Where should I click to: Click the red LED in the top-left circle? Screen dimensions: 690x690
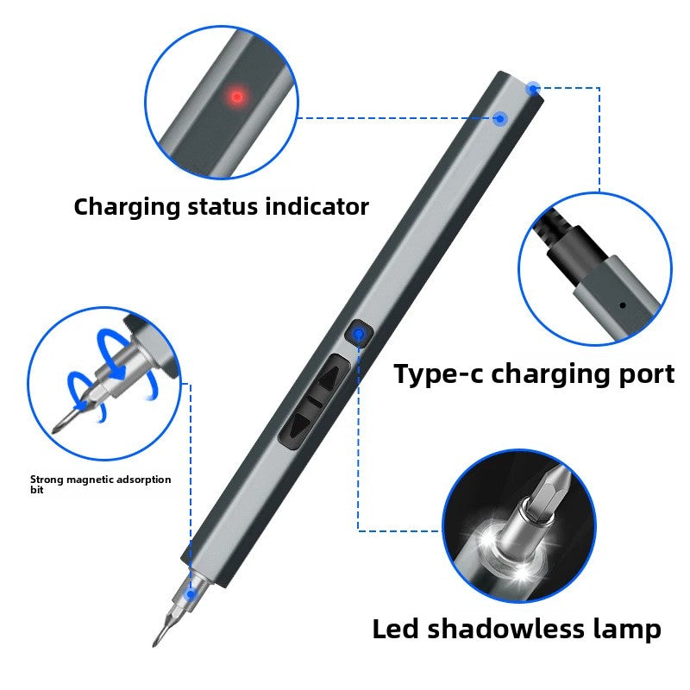[x=235, y=96]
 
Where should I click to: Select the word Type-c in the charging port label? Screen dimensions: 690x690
[x=438, y=374]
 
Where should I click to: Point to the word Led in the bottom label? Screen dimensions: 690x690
[x=397, y=629]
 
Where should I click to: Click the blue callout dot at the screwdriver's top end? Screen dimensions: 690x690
[x=533, y=88]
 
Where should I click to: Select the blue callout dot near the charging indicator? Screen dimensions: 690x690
[x=499, y=119]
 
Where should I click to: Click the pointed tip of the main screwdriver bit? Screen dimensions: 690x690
[x=155, y=643]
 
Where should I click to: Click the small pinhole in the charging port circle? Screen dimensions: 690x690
[x=622, y=304]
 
